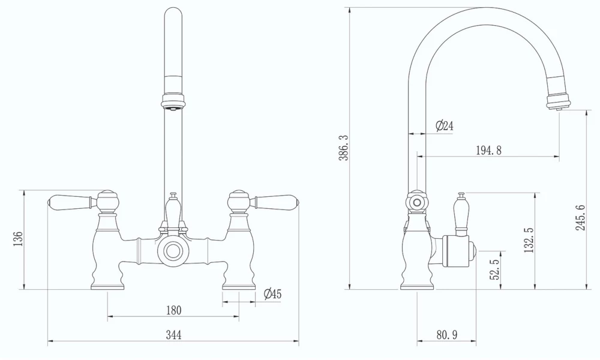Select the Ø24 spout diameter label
point(444,126)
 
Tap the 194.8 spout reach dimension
point(488,150)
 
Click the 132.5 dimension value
point(529,240)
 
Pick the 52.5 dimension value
point(496,269)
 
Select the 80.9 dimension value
point(446,335)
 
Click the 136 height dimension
point(18,239)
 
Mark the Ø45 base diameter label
point(272,294)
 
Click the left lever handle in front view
point(69,200)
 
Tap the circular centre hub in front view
point(173,251)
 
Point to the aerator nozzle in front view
point(173,107)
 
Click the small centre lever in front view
point(173,210)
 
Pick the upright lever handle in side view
point(462,213)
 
